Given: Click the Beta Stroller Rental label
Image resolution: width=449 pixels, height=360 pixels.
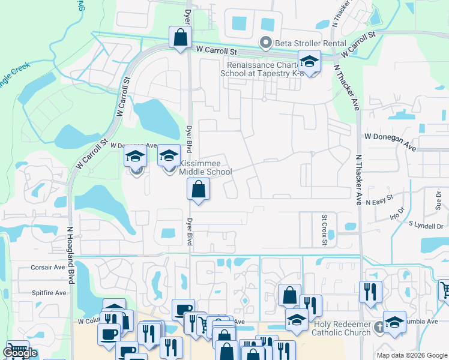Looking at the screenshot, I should [x=310, y=43].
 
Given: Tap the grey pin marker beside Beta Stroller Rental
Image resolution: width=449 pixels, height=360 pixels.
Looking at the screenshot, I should [x=265, y=43].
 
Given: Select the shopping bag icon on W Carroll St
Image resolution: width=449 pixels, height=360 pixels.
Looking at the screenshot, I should [x=180, y=38].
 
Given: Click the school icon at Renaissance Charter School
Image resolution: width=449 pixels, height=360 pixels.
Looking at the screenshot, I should [x=309, y=62].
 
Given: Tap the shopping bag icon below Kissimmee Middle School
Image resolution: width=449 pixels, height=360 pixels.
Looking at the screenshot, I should [x=198, y=190].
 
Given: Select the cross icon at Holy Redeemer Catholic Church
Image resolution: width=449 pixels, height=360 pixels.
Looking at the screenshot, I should [x=378, y=327].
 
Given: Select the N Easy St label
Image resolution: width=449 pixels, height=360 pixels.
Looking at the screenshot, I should [x=379, y=197].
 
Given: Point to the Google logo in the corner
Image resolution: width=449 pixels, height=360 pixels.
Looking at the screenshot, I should [x=20, y=353].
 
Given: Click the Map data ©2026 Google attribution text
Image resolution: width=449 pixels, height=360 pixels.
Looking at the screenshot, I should [x=412, y=355].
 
